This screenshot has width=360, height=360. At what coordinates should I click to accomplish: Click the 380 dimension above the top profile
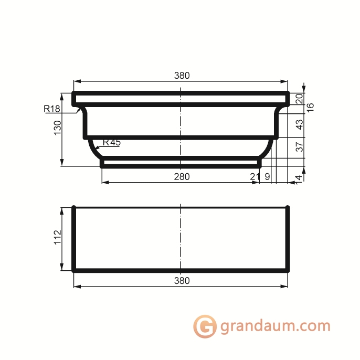[182, 76]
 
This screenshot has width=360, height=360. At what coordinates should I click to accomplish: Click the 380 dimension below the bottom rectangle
[182, 281]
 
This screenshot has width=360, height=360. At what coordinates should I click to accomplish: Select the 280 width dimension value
[182, 177]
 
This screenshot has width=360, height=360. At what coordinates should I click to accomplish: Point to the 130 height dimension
[58, 128]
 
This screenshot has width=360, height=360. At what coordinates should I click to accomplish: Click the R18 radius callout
[52, 109]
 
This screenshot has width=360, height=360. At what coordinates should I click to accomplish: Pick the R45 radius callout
[111, 142]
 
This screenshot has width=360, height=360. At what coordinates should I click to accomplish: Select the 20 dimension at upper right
[299, 98]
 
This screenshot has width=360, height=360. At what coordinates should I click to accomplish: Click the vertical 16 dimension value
[310, 107]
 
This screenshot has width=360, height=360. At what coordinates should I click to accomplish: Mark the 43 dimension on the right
[299, 124]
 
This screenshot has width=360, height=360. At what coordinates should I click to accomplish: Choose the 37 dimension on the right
[299, 147]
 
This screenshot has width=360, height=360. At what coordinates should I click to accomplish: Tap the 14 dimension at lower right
[299, 178]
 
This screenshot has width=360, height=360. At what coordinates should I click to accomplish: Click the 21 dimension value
[255, 177]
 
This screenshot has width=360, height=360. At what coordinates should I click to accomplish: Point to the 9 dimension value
[268, 177]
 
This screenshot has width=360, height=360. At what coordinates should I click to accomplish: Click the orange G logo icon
[205, 326]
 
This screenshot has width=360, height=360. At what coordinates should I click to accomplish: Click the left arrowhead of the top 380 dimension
[77, 81]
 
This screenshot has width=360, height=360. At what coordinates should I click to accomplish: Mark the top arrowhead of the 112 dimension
[62, 209]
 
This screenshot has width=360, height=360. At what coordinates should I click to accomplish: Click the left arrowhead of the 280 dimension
[104, 182]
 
